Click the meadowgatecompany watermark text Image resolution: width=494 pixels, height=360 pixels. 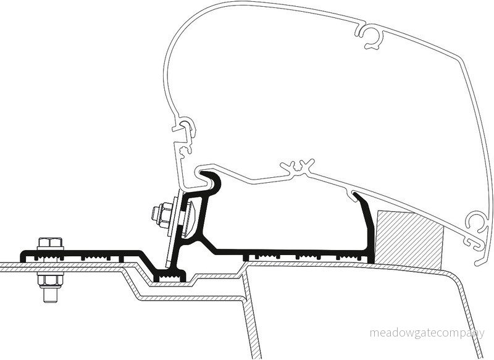(x=427, y=333)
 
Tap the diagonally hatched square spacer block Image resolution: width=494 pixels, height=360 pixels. (x=409, y=240)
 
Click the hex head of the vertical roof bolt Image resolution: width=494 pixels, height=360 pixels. (x=51, y=242)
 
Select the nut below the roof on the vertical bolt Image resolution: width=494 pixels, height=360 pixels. (x=51, y=280)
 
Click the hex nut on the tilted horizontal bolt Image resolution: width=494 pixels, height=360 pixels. (x=162, y=214)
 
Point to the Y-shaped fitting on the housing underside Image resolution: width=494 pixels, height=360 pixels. (x=297, y=168)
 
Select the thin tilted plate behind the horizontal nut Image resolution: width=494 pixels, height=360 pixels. (x=174, y=226)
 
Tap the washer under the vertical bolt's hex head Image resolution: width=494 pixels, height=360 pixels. (x=51, y=248)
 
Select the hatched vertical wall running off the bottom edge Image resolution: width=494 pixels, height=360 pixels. (x=252, y=312)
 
